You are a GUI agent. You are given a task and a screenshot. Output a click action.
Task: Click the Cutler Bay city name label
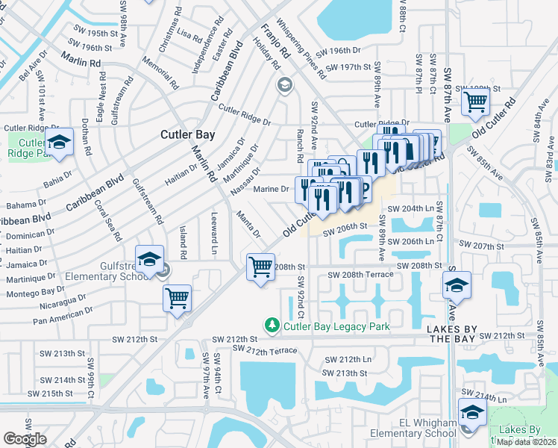tap(188, 135)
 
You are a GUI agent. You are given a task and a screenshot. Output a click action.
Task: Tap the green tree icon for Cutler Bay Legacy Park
tap(273, 326)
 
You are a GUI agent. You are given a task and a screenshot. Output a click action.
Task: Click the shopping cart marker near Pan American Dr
tap(178, 299)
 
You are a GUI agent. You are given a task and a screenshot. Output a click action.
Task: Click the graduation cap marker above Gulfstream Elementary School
tap(150, 259)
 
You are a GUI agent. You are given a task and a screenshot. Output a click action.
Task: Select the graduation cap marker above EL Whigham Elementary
tap(471, 412)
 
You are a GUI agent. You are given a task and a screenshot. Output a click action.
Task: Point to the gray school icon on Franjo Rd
tap(283, 85)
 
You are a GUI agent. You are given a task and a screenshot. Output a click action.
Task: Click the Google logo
tap(25, 439)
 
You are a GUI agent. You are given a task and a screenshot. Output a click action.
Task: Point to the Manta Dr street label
tap(248, 224)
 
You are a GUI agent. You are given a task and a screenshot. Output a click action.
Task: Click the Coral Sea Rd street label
tap(107, 220)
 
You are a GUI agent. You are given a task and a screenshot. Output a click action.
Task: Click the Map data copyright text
tap(526, 441)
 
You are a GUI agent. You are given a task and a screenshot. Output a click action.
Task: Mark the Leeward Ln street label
tap(214, 240)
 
